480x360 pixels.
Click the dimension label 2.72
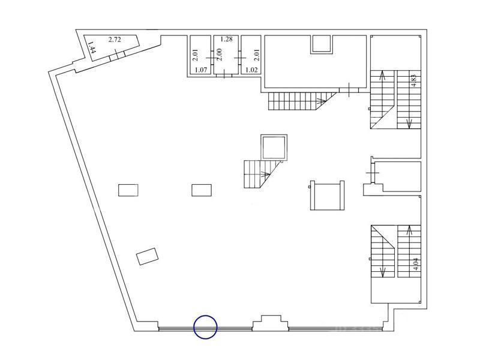tap(115, 40)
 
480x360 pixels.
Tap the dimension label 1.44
tap(91, 47)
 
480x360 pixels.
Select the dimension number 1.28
tap(227, 39)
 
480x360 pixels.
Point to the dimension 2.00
tap(219, 55)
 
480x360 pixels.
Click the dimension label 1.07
tap(201, 70)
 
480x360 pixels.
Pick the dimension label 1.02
tap(251, 70)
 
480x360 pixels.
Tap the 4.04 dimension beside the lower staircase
tap(415, 264)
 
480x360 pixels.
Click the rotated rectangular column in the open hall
tap(147, 257)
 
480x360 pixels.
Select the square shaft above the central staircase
tap(274, 147)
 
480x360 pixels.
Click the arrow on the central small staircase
tap(265, 175)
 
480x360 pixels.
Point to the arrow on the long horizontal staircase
tap(322, 100)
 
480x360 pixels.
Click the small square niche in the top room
tap(321, 44)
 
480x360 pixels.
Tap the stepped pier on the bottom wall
tap(271, 323)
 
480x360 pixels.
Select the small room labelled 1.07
tap(200, 55)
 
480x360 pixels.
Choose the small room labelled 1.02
tap(251, 55)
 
